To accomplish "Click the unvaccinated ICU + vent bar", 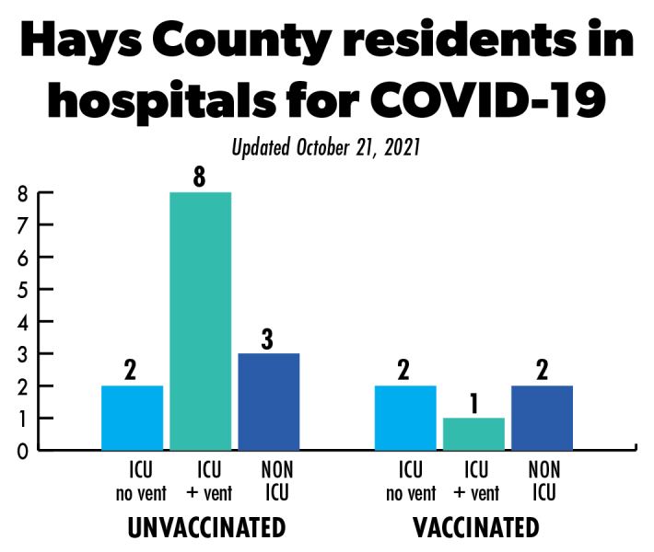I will coord(200,321).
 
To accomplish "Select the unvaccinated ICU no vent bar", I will coord(132,418).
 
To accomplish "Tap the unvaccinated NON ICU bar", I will coord(268,401).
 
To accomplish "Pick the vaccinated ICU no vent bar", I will coord(405,418).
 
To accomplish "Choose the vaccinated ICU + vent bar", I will coord(473,433).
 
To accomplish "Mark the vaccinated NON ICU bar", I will coord(542,418).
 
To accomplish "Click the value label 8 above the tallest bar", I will coord(199,177).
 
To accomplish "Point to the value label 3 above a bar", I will coord(268,338).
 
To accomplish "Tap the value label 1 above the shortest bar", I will coord(473,403).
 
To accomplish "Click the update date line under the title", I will coord(326,147).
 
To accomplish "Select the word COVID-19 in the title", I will coord(485,98).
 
